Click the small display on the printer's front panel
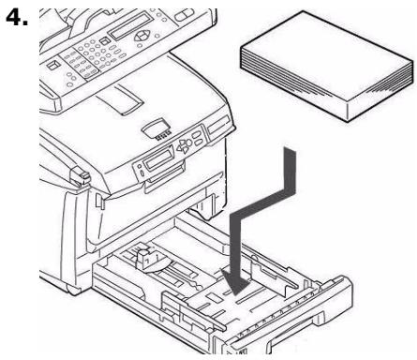tap(156, 161)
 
